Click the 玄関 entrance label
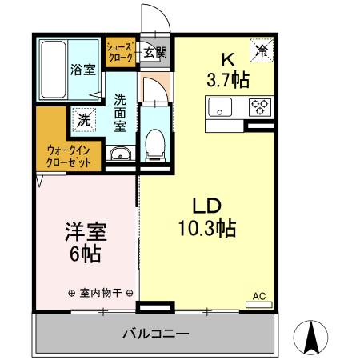click(x=155, y=53)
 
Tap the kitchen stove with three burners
click(x=259, y=106)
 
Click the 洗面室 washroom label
click(x=120, y=114)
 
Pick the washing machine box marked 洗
click(x=83, y=120)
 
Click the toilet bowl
click(x=154, y=143)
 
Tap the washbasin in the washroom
click(x=121, y=154)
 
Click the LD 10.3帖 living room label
click(x=206, y=216)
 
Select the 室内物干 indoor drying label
click(x=100, y=294)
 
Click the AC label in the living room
click(x=258, y=296)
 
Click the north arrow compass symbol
click(x=312, y=336)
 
